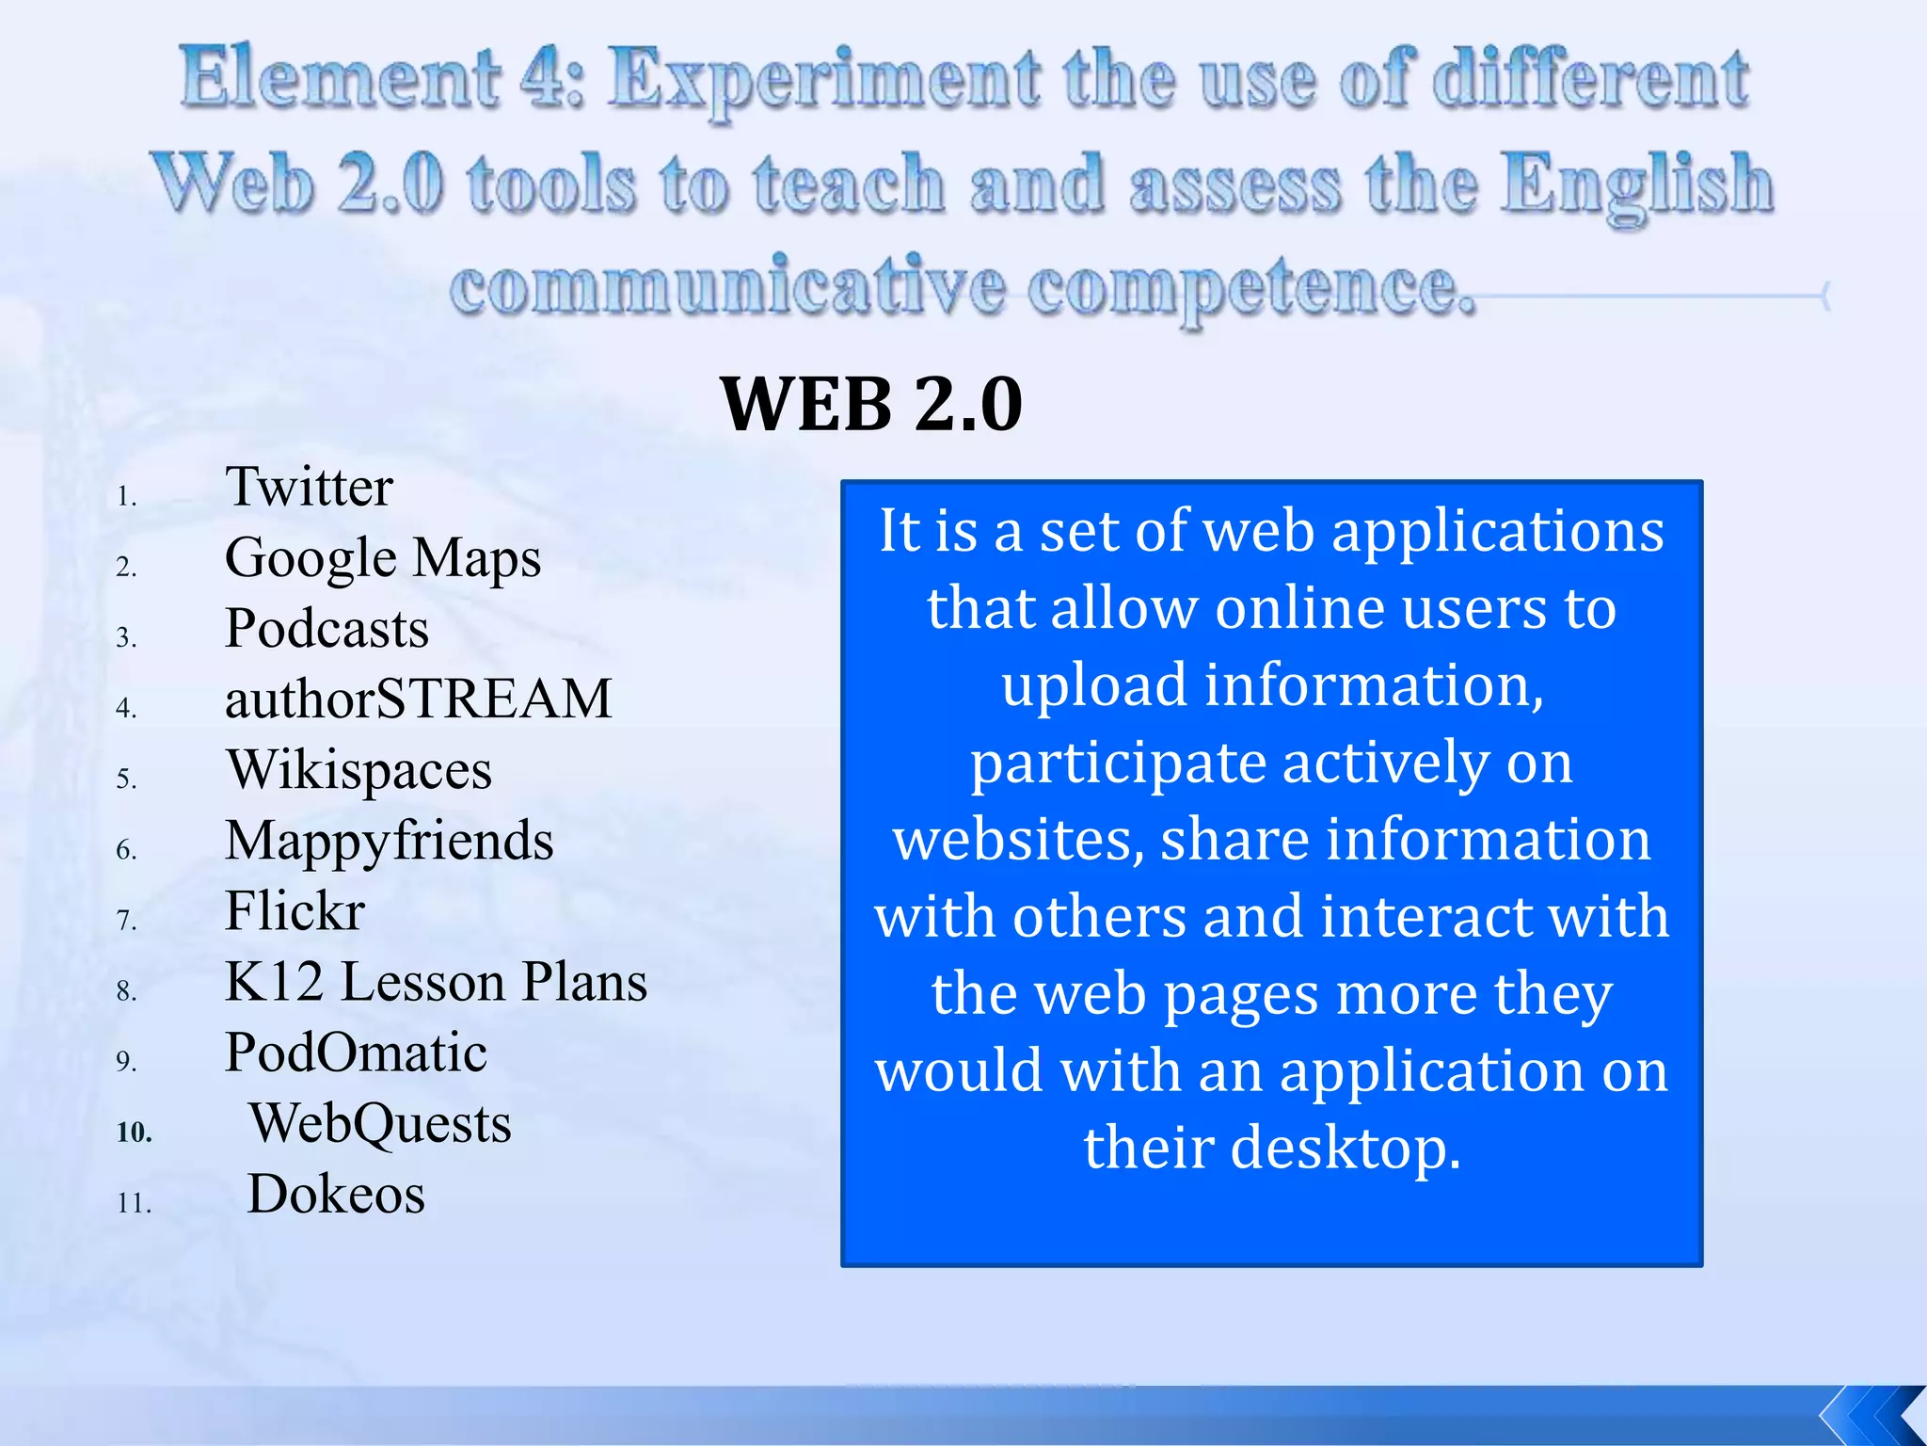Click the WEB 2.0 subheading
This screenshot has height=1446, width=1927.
(x=870, y=405)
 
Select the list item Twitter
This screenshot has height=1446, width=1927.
(x=309, y=488)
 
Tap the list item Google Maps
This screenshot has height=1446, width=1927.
(x=382, y=558)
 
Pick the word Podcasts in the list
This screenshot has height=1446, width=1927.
(x=326, y=629)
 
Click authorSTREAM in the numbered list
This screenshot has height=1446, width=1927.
(x=418, y=699)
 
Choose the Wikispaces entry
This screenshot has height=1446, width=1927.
(x=358, y=770)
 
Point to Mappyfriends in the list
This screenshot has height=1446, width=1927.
(x=389, y=841)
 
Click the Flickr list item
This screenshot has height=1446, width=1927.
(x=295, y=911)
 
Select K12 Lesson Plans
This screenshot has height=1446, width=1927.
(x=436, y=982)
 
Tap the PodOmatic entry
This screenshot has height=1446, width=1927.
(x=356, y=1052)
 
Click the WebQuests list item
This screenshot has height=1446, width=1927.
(x=379, y=1123)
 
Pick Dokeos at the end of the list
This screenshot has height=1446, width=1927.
(x=335, y=1194)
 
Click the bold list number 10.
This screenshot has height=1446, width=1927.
(x=134, y=1132)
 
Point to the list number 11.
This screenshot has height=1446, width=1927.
(x=134, y=1203)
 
